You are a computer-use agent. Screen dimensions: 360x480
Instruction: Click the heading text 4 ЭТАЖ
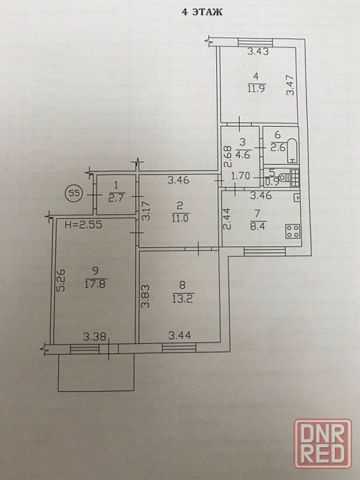(x=202, y=12)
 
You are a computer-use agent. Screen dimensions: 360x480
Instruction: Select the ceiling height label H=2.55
(x=84, y=225)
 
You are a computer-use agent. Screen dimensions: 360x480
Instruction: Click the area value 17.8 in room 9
(x=95, y=284)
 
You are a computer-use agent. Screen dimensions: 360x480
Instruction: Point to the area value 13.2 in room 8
(x=183, y=299)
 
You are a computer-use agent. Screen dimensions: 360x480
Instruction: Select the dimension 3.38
(x=94, y=337)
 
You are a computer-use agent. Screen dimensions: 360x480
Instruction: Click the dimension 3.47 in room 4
(x=291, y=85)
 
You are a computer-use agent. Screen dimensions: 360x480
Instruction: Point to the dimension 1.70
(x=240, y=176)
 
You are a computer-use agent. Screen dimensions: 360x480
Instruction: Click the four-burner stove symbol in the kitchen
(x=293, y=231)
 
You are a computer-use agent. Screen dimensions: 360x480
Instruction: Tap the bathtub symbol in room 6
(x=292, y=150)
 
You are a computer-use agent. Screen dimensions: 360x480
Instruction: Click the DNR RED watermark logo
(x=323, y=443)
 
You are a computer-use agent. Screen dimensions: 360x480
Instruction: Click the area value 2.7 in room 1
(x=116, y=198)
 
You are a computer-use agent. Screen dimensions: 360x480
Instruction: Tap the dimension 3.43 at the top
(x=258, y=52)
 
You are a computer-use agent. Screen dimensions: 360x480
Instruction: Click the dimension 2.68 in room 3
(x=228, y=157)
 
